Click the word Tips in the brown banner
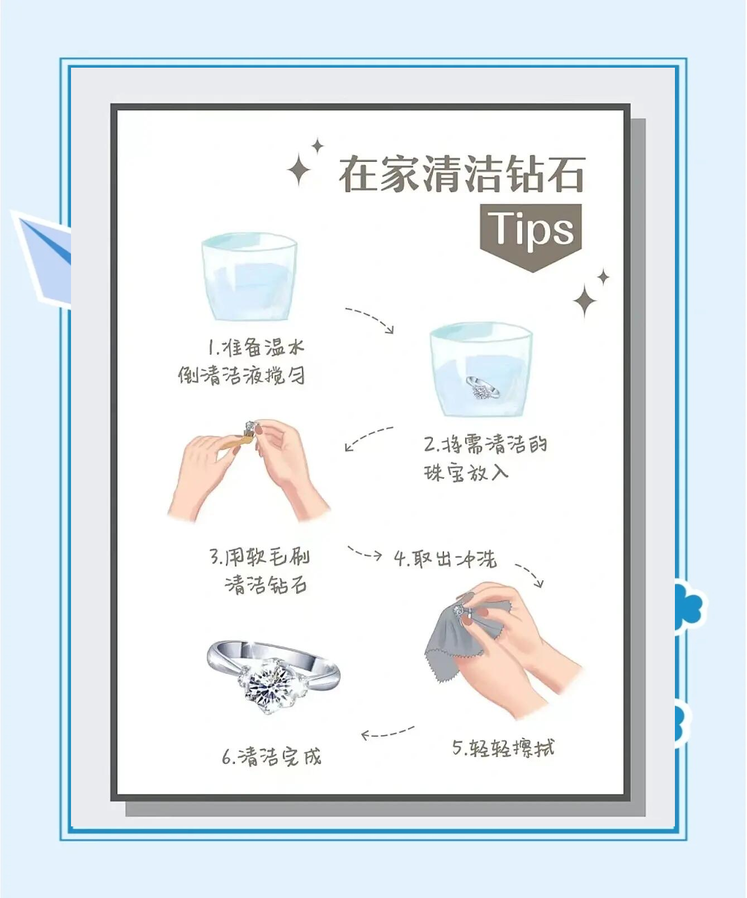coord(531,229)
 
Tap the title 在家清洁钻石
coord(462,175)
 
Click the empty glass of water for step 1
coord(249,278)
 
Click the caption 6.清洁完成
coord(272,757)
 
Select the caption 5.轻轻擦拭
coord(503,748)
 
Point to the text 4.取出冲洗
coord(445,558)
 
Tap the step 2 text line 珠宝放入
coord(466,473)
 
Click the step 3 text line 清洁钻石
coord(266,585)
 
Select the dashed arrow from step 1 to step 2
coord(370,319)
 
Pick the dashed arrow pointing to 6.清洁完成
coord(388,732)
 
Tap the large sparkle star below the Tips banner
coord(585,300)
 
